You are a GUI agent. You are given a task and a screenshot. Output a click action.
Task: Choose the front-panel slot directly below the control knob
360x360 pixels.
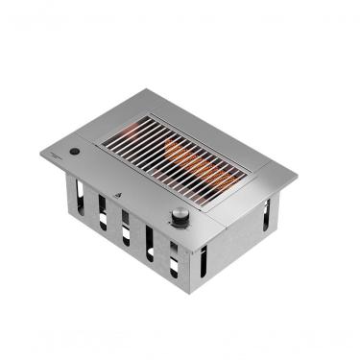click(174, 256)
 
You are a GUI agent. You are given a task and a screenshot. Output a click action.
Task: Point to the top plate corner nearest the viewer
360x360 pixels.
click(192, 250)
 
